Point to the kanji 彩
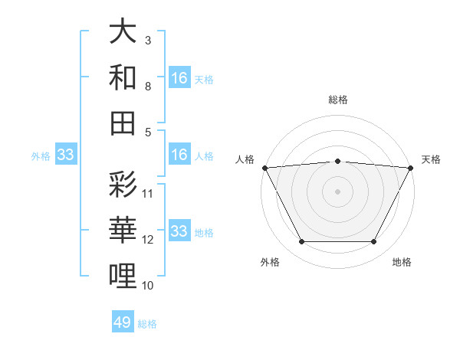[123, 185]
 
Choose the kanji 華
[123, 230]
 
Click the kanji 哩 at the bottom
[123, 275]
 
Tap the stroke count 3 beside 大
[148, 40]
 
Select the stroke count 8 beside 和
[148, 86]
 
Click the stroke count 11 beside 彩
[148, 193]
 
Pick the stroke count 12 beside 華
[148, 239]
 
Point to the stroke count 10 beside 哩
[148, 285]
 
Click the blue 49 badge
[123, 322]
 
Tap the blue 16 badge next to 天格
[179, 78]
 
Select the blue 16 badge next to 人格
[179, 155]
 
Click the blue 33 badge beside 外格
[65, 155]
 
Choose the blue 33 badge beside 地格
[179, 231]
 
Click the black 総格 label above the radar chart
[338, 100]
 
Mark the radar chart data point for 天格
[412, 167]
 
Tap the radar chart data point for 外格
[301, 242]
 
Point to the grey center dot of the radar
[337, 191]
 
